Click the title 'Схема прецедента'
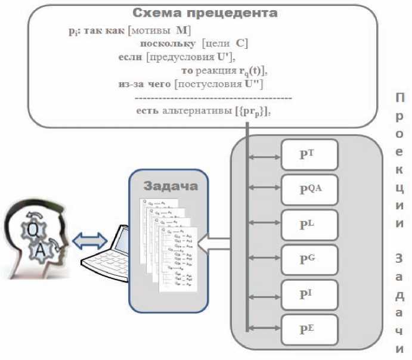[205, 13]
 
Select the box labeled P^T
[309, 155]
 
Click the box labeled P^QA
[309, 190]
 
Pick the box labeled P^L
[309, 225]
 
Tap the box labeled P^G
[309, 260]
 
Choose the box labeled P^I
[309, 294]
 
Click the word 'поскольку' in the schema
[162, 44]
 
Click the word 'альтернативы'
[188, 111]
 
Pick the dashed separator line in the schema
[213, 98]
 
